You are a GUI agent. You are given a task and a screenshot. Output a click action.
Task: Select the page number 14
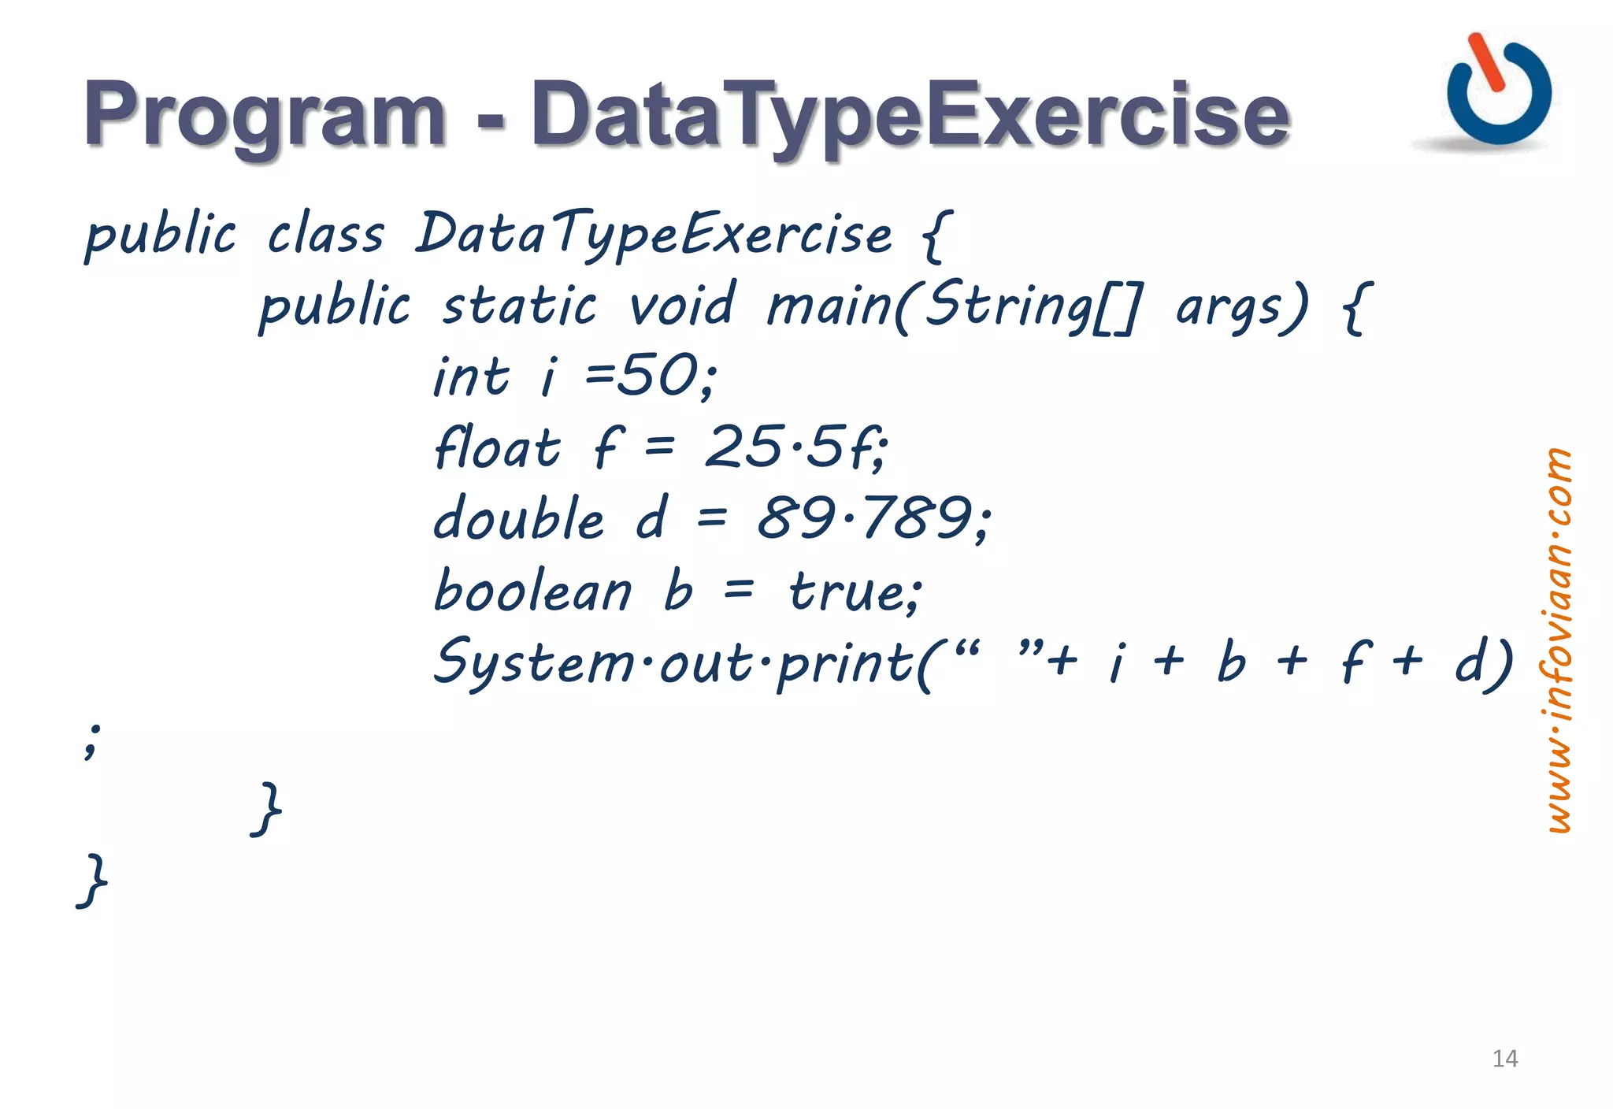[x=1504, y=1059]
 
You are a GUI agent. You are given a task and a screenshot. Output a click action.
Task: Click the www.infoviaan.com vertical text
[x=1557, y=640]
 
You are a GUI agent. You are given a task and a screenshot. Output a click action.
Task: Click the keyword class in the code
[x=325, y=235]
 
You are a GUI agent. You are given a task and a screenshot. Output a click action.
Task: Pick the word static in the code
[x=519, y=306]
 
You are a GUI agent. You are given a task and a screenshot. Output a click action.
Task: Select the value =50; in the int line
[x=651, y=376]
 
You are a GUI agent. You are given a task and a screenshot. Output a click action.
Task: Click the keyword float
[x=498, y=447]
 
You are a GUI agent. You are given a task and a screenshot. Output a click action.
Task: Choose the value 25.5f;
[x=796, y=447]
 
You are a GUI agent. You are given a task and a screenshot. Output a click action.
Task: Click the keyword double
[x=519, y=518]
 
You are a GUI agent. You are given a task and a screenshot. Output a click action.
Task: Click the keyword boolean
[x=532, y=590]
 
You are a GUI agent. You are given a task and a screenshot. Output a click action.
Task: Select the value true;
[x=855, y=591]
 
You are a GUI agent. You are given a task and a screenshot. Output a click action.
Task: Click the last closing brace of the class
[x=93, y=881]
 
